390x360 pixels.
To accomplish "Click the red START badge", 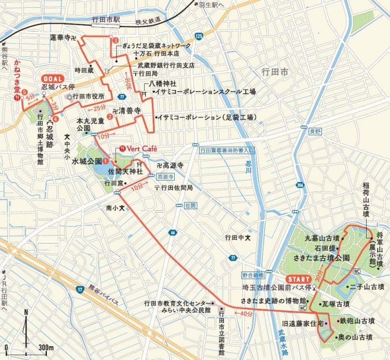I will point(299,278).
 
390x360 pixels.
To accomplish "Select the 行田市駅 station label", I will point(106,20).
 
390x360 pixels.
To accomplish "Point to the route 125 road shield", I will point(200,36).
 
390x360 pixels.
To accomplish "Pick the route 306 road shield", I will point(301,185).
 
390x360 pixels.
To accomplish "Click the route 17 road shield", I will point(80,289).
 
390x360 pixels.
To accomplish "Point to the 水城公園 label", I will point(87,161).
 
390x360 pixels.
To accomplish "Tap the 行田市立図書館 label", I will point(221,333).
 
